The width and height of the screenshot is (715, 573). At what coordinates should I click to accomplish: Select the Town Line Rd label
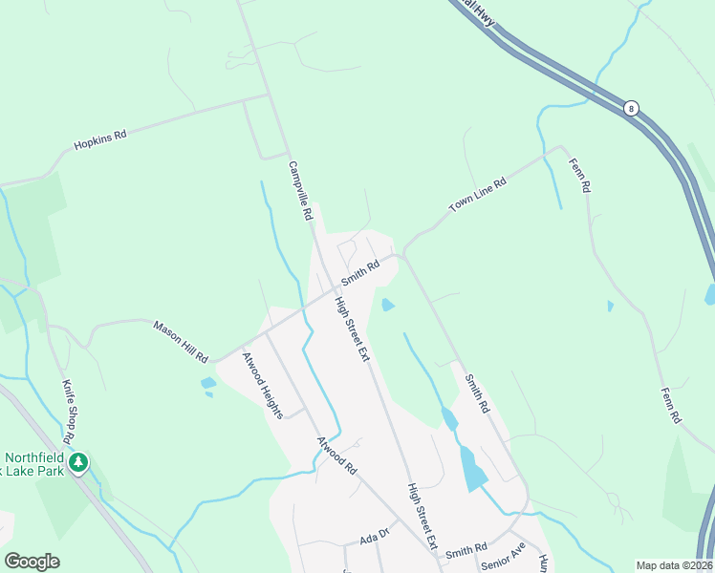coord(478,195)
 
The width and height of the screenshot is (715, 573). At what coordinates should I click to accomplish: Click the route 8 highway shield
coord(631,108)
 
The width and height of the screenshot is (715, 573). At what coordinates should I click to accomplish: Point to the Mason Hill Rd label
coord(181,341)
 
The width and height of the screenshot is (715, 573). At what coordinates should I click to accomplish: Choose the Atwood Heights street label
coord(262,386)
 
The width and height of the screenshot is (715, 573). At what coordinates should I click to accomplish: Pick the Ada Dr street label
coord(376,538)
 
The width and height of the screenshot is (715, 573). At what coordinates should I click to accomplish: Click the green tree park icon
coord(79,463)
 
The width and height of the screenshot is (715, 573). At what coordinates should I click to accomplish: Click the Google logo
coord(32,562)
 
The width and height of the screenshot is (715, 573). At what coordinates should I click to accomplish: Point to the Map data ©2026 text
coord(674,565)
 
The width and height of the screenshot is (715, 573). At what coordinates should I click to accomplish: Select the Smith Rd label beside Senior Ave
coord(466,549)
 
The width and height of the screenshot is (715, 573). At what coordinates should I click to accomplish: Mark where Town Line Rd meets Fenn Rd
coord(561,148)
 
